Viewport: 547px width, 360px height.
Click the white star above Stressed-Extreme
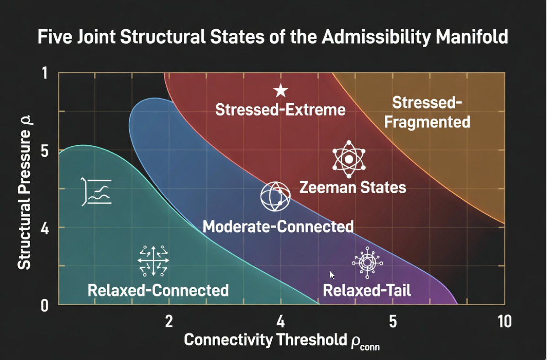[x=280, y=90]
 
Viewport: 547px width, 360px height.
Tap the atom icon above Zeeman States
[x=349, y=159]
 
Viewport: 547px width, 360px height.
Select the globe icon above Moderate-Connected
[x=275, y=196]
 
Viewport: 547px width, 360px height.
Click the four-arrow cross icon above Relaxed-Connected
[x=153, y=261]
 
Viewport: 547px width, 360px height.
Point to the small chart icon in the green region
[x=97, y=191]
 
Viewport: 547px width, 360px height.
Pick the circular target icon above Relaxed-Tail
[x=367, y=262]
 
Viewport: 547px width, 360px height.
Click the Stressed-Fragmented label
[x=427, y=112]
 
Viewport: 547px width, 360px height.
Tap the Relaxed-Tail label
[x=367, y=290]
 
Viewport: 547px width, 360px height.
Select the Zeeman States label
[x=352, y=187]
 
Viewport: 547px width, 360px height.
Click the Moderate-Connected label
[x=278, y=226]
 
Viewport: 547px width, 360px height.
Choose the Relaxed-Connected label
[x=158, y=290]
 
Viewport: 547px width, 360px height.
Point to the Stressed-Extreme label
[x=280, y=110]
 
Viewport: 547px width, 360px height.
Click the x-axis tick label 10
[x=504, y=322]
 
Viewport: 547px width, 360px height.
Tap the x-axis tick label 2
[x=168, y=322]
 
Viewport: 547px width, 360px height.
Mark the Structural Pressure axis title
[x=25, y=191]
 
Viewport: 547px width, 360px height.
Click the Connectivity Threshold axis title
[x=281, y=340]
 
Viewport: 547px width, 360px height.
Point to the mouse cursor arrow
[x=332, y=275]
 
